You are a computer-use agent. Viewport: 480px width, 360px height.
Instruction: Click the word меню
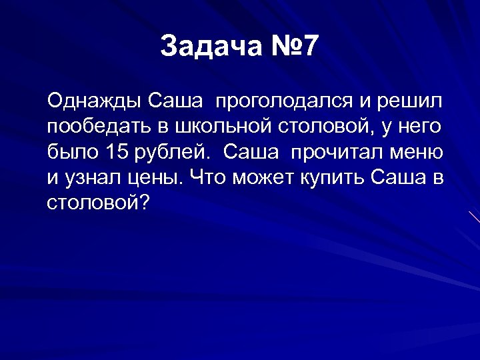click(418, 152)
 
